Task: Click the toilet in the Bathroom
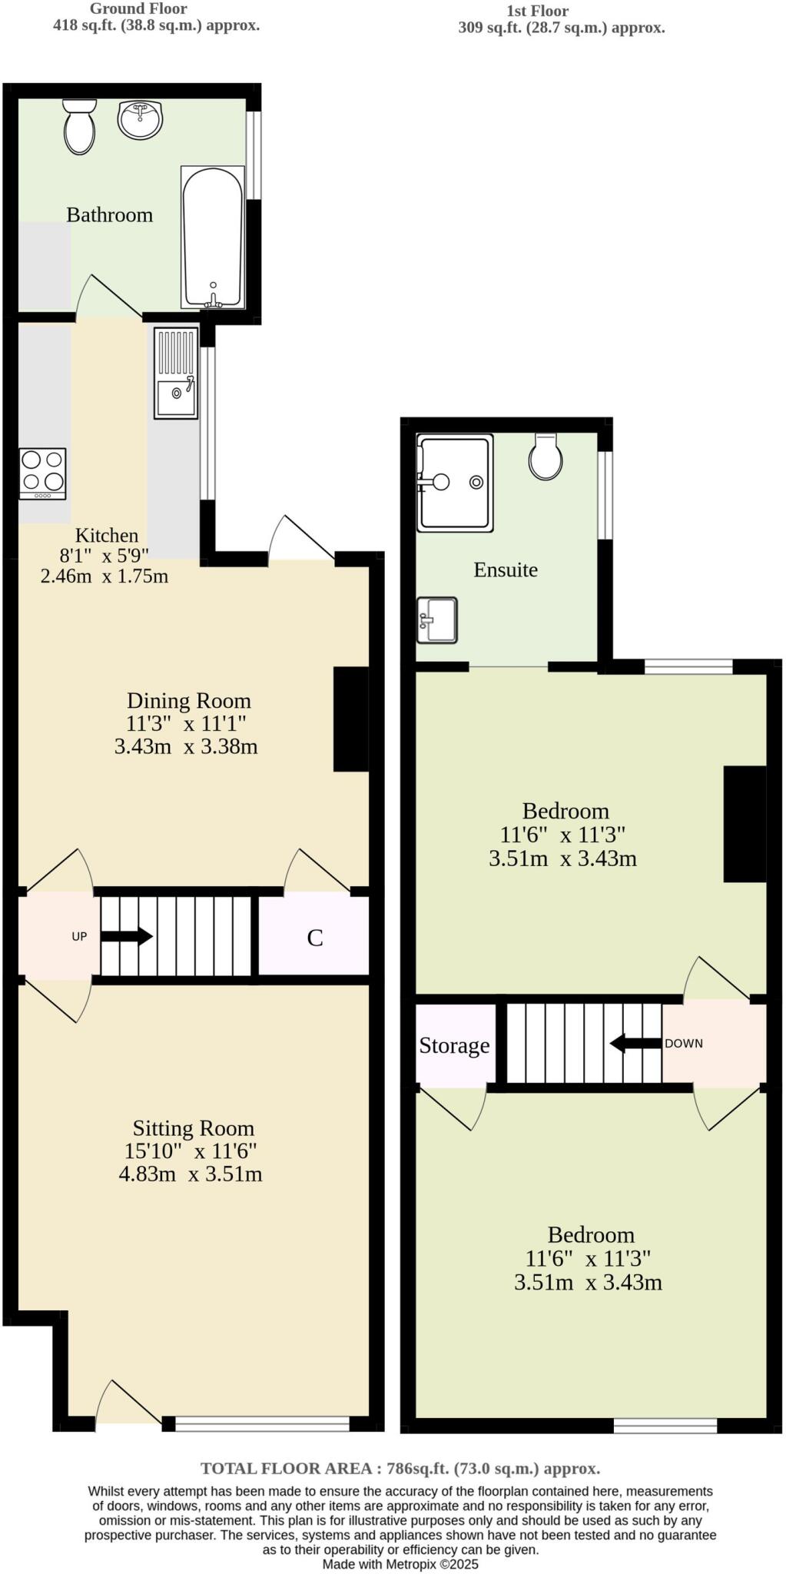click(79, 127)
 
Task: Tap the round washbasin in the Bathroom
click(141, 120)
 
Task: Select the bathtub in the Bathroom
click(213, 238)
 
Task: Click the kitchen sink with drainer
click(176, 374)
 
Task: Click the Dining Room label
click(189, 700)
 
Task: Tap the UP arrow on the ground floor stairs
click(127, 936)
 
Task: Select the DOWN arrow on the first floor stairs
click(635, 1044)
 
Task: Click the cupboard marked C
click(314, 937)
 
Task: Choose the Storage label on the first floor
click(454, 1045)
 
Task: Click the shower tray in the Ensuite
click(455, 483)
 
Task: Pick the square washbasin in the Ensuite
click(437, 619)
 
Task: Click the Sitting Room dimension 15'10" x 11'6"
click(191, 1151)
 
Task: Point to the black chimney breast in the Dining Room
click(351, 719)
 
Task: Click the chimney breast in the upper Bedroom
click(745, 823)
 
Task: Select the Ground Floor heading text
click(138, 9)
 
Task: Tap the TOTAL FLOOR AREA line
click(400, 1468)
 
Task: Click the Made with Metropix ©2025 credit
click(400, 1564)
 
